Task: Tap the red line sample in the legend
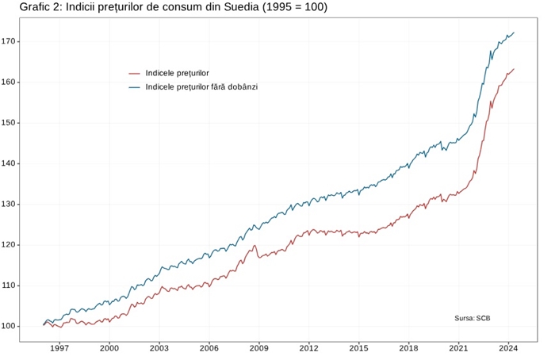(134, 73)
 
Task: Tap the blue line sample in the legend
(134, 86)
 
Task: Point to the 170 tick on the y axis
(10, 41)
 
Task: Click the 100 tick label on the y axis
(10, 326)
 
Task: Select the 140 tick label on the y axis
(10, 163)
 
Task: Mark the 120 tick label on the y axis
(10, 245)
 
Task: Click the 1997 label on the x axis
(59, 348)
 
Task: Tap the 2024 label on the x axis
(509, 348)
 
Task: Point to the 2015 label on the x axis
(359, 348)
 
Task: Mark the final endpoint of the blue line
(515, 33)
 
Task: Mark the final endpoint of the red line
(515, 68)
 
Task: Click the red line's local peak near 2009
(255, 245)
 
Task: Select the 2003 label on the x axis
(159, 348)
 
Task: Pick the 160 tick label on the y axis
(10, 82)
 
